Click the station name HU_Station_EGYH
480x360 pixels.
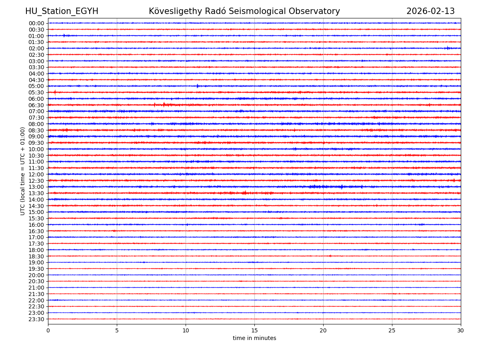tap(62, 12)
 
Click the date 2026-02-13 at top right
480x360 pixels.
tap(430, 12)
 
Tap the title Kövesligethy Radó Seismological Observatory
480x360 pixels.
tap(244, 12)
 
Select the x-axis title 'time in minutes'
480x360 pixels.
tap(254, 338)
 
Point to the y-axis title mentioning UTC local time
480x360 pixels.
tap(23, 171)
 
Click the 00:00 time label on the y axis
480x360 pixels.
tap(36, 23)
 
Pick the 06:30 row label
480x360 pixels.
tap(36, 105)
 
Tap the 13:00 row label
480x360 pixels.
tap(36, 187)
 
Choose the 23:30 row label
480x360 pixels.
tap(36, 319)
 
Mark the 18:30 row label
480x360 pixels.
tap(36, 256)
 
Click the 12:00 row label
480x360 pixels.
tap(36, 174)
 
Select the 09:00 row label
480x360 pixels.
tap(36, 137)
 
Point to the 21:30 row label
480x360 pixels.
tap(36, 294)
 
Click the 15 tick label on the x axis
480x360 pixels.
tap(254, 331)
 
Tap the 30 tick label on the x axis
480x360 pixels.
tap(461, 331)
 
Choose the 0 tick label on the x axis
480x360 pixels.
tap(48, 331)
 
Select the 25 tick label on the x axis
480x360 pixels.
tap(392, 331)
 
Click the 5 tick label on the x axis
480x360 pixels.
tap(117, 331)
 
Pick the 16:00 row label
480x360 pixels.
tap(36, 225)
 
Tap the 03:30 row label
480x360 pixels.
tap(36, 67)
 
